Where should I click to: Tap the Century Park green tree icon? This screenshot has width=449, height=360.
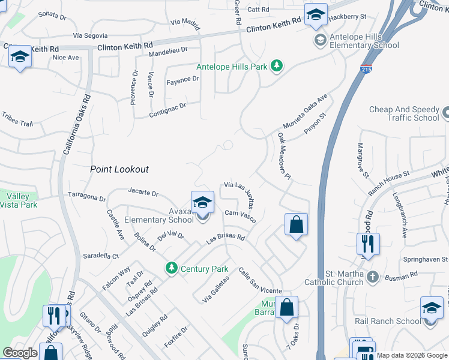coord(172,267)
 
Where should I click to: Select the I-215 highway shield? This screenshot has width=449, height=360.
coord(366,71)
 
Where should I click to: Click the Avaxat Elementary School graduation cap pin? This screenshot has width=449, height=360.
coord(202,202)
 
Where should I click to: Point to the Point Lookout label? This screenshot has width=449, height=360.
coord(119,169)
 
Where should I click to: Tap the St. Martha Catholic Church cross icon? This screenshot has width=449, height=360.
coord(373,277)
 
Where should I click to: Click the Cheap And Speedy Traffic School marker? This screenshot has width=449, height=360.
coord(445,113)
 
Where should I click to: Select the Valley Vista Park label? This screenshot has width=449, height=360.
coord(18,200)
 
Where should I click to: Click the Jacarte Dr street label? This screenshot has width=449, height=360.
coord(143,193)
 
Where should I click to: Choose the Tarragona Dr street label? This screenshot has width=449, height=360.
coord(86,197)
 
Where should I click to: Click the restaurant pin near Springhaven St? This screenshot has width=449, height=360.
coord(367,243)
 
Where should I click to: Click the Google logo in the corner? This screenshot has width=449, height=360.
coord(20,353)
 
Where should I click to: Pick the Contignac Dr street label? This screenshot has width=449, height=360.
coord(167,109)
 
